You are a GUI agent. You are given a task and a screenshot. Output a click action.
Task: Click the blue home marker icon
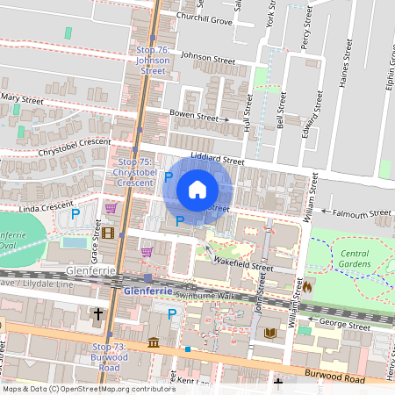coord(197,189)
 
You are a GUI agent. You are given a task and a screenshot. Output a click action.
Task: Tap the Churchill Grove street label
coord(202,20)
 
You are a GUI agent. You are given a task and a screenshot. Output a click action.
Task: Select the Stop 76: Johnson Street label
coord(152,60)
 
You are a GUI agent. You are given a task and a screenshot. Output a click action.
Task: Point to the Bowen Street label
coord(193,115)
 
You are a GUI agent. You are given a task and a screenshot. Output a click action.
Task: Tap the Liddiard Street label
coord(218,161)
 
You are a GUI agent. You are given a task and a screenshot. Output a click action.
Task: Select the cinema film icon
coord(108,233)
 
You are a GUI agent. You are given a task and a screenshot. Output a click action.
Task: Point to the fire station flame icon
coord(309,285)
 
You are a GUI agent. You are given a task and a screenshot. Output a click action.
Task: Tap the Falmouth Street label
coord(362,212)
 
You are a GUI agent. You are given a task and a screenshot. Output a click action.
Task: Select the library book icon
coord(270,334)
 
